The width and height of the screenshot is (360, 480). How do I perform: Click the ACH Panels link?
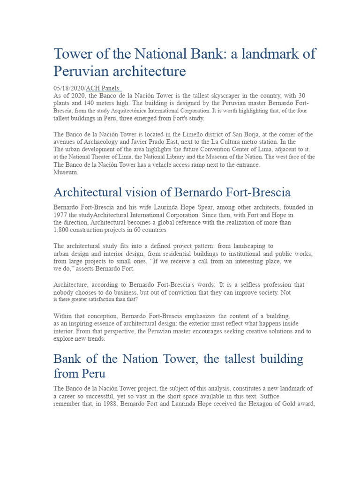[x=103, y=88]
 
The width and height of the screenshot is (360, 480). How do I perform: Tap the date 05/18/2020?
[x=68, y=88]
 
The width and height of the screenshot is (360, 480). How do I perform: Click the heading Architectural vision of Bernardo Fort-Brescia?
[x=172, y=192]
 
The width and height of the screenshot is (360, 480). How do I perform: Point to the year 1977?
[x=61, y=215]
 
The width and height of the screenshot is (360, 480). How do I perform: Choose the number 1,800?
[x=63, y=230]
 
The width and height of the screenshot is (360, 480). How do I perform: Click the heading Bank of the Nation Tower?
[x=178, y=360]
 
